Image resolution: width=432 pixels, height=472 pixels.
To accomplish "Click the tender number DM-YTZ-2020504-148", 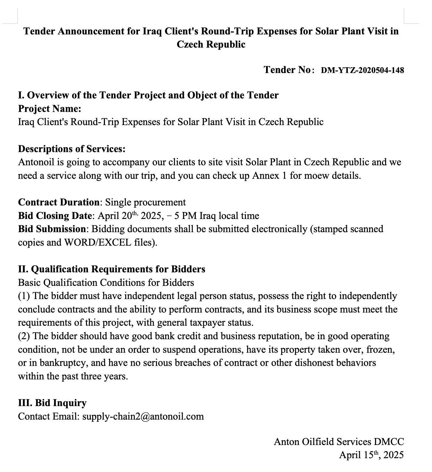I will point(362,70).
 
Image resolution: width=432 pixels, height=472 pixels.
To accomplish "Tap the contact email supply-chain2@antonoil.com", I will point(143,416).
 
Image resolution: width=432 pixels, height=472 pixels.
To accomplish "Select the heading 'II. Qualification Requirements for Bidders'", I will point(112,269).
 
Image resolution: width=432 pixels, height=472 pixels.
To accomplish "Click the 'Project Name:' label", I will point(50,109).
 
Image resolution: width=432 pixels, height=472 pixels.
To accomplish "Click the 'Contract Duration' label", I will point(59,202).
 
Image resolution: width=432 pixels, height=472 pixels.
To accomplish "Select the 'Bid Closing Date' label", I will point(55,215).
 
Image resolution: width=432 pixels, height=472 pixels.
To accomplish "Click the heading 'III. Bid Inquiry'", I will point(52,403).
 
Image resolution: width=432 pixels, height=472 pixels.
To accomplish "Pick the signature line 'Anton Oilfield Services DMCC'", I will point(339,441).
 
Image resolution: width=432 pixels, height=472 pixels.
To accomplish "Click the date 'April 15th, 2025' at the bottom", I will point(371,455).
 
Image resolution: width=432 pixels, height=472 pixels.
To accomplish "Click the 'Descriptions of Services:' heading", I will point(72,149).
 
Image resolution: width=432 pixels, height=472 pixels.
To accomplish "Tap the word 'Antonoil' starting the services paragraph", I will point(36,162).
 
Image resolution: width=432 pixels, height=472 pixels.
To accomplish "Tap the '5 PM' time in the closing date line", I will point(186,215).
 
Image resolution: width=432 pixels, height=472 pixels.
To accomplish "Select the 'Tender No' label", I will point(287,70).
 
